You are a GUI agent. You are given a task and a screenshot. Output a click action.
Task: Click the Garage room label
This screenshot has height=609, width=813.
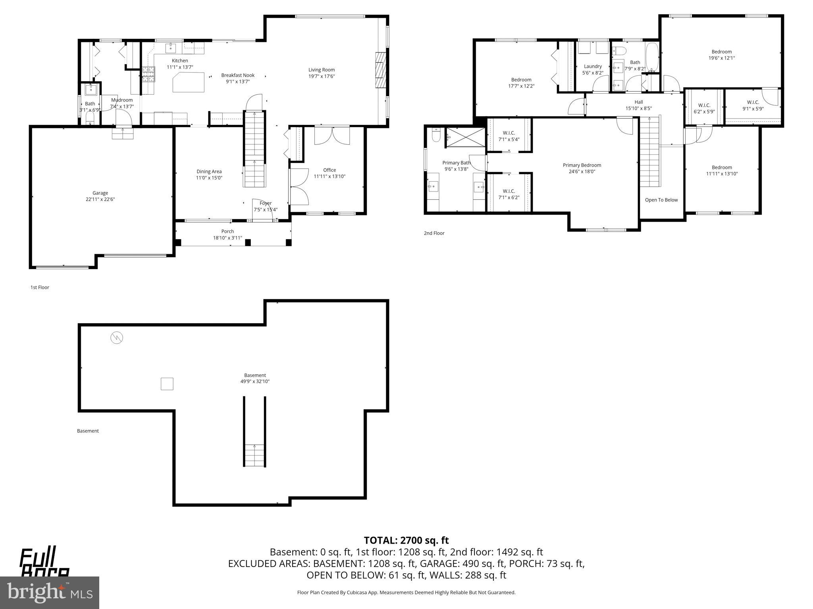coord(100,193)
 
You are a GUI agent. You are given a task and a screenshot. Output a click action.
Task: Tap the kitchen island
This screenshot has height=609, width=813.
coord(189,82)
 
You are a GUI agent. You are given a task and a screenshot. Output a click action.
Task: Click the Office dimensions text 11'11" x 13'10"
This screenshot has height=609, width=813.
coord(329,176)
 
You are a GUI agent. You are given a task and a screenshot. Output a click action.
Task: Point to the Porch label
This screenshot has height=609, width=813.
coord(227,232)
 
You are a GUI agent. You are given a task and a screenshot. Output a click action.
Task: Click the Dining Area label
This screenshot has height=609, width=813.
coord(209,172)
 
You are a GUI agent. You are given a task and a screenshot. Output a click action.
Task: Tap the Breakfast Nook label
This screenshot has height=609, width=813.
coord(238,75)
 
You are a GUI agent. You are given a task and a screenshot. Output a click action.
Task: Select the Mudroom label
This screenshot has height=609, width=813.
coord(122,100)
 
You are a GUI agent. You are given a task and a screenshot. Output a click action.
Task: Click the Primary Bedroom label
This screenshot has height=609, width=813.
coord(582,165)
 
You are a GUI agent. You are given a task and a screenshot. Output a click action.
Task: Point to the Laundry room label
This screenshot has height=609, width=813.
coord(593,67)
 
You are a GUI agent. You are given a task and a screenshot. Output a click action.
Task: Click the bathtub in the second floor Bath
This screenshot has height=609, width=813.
coord(652,57)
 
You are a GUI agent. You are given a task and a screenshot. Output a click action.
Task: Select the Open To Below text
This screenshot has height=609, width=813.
coord(661,200)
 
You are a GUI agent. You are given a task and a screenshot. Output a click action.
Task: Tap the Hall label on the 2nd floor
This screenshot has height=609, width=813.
coord(638,102)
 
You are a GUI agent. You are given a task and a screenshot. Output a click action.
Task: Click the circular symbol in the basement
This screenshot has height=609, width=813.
coord(117,338)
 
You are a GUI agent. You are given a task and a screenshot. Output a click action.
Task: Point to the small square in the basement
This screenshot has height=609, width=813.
coord(167,384)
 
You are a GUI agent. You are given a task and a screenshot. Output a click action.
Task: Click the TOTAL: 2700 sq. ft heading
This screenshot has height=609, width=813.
coord(406,540)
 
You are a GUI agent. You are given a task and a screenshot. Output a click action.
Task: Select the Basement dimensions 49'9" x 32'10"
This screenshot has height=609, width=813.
coord(255,381)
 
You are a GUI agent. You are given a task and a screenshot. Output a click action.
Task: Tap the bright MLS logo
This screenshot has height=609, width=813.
coord(50,593)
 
